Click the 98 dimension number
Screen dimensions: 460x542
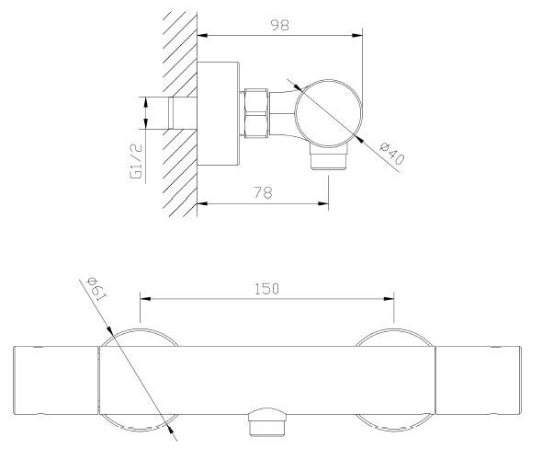[x=279, y=26]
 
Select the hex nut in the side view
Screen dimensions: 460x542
[x=256, y=113]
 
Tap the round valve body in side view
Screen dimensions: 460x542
[x=328, y=109]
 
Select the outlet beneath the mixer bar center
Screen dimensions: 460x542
[x=266, y=421]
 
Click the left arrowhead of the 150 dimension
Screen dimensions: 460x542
[x=144, y=298]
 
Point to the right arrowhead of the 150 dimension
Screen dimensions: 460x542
[x=390, y=298]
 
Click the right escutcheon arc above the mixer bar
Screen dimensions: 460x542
[x=393, y=334]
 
